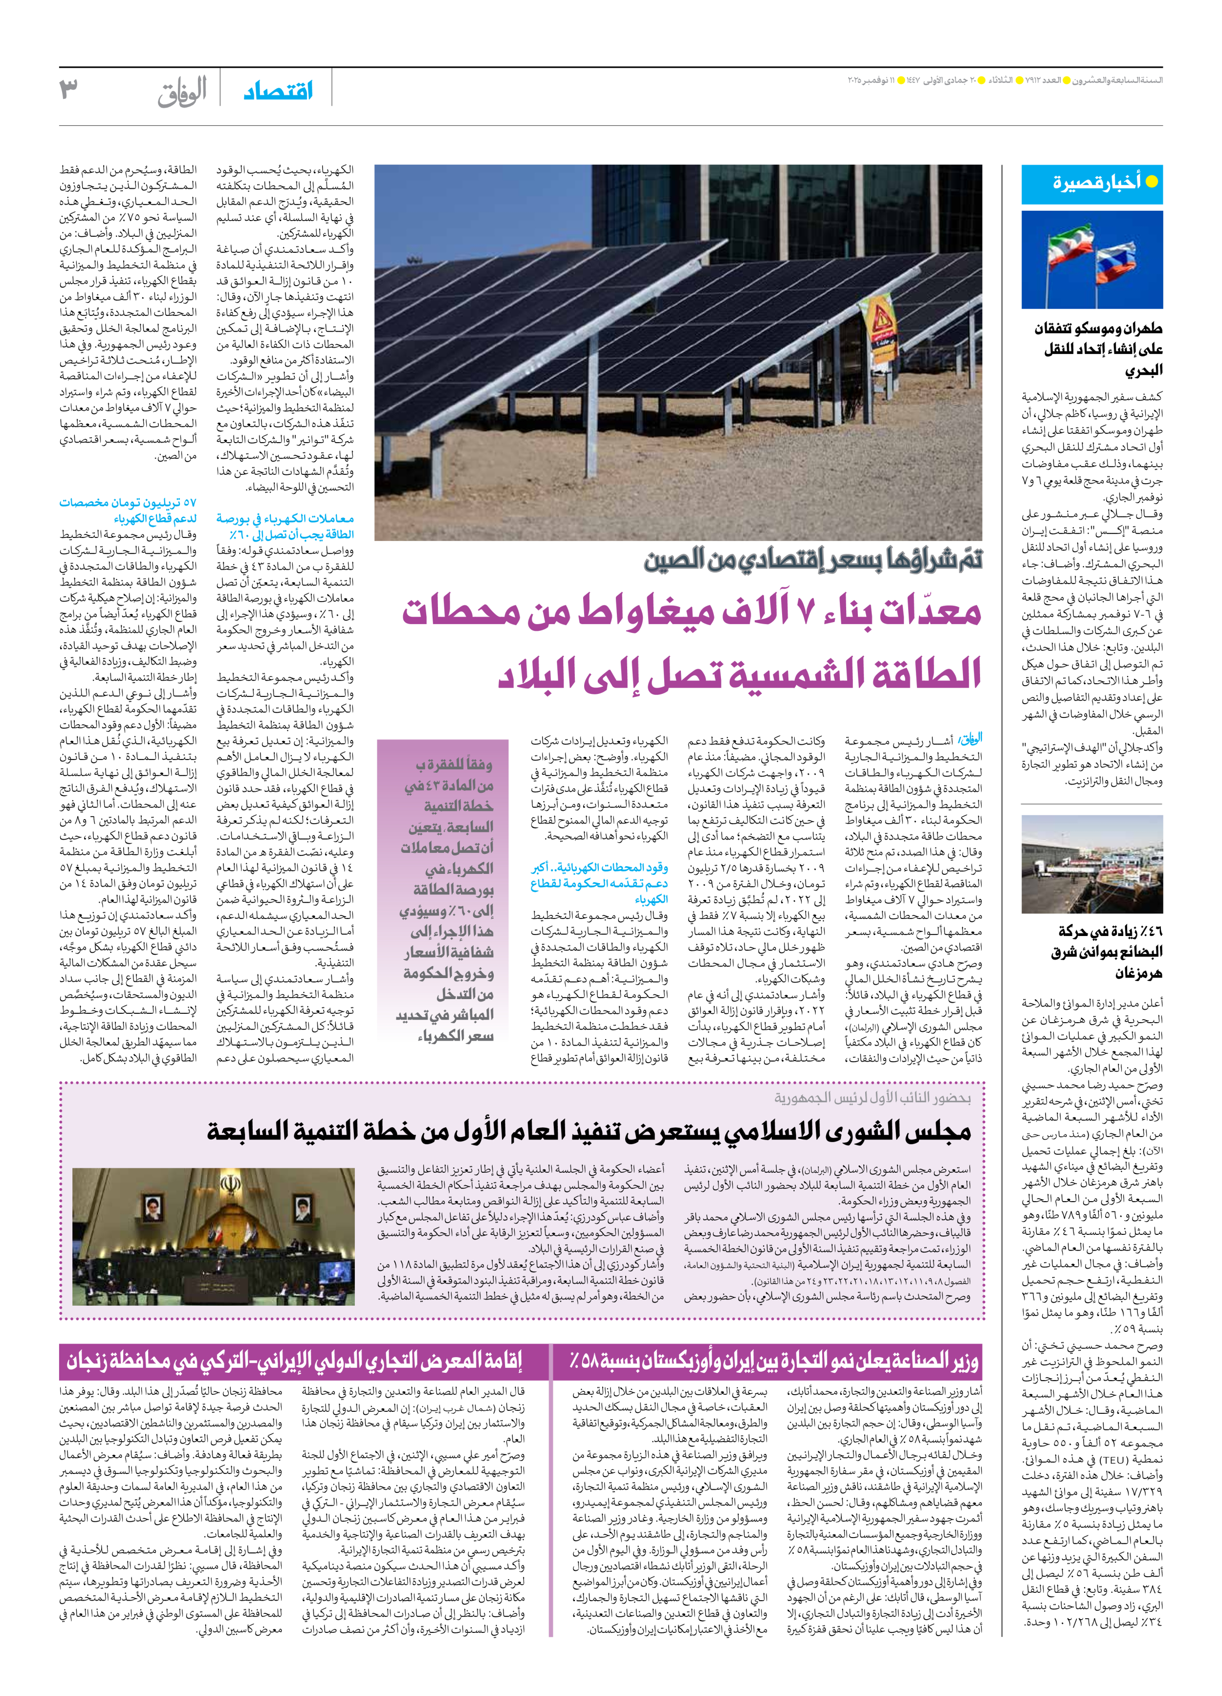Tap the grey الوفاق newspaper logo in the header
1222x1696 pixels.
182,93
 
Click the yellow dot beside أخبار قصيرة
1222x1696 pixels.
1152,182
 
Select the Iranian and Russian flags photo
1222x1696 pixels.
1092,260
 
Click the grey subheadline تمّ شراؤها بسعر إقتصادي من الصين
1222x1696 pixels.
813,559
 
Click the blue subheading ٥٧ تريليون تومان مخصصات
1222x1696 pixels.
128,510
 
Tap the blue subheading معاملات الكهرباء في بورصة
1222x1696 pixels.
285,526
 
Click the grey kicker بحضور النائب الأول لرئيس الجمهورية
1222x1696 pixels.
872,1098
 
